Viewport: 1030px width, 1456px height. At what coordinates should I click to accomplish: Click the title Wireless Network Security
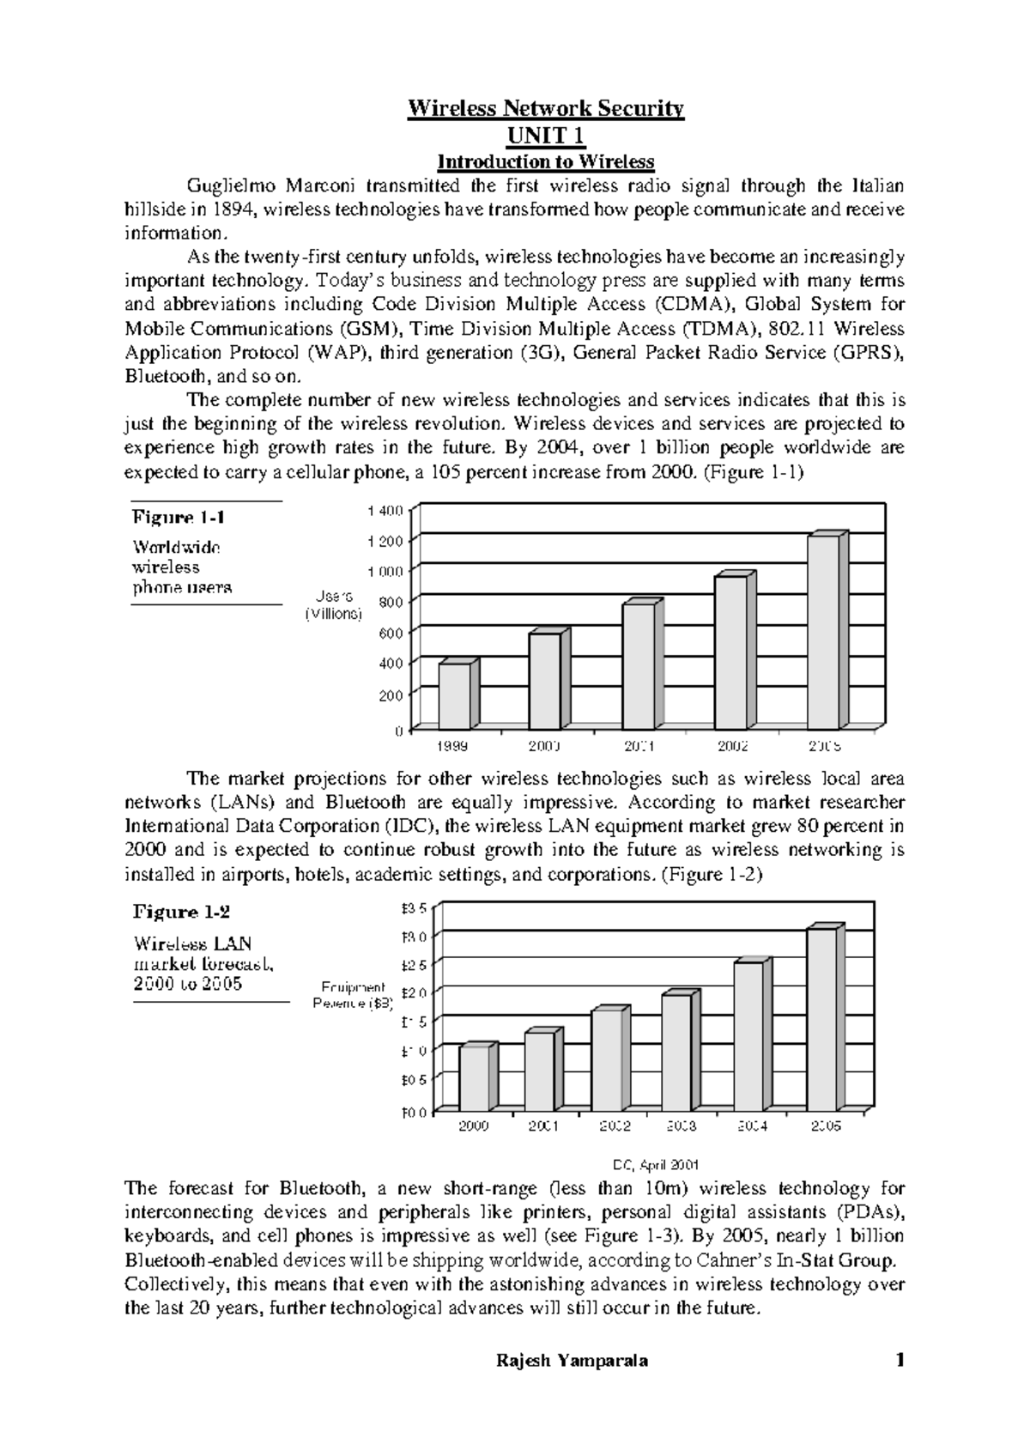point(545,109)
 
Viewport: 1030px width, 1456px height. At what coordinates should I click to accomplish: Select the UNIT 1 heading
point(546,136)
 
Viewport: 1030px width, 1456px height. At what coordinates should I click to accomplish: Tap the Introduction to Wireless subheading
point(546,161)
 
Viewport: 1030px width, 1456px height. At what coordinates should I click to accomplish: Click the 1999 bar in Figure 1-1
point(455,695)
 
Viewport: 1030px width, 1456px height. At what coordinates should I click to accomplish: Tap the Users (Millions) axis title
point(335,605)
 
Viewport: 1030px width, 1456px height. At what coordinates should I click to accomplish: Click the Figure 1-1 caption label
point(178,517)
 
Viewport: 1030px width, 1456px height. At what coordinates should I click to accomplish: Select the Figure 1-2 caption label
point(180,912)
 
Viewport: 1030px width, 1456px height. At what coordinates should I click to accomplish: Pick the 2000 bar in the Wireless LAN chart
point(475,1077)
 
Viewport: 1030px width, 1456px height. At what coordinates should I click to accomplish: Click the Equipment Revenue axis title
point(354,994)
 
